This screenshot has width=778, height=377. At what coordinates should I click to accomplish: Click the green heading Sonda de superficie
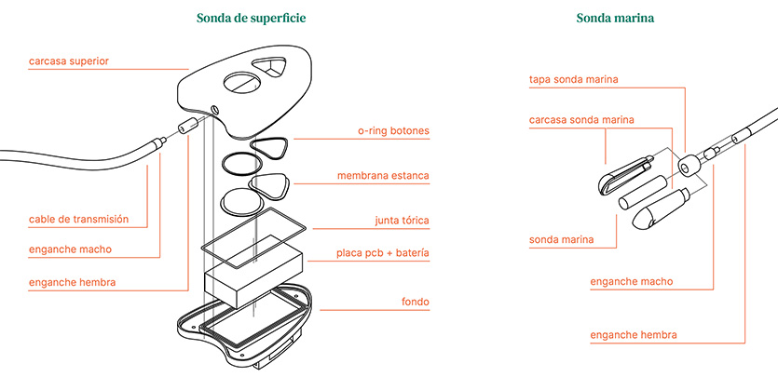[x=251, y=19]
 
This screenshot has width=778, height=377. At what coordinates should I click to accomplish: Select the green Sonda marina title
[x=615, y=19]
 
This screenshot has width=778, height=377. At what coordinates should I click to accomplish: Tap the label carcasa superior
[x=69, y=61]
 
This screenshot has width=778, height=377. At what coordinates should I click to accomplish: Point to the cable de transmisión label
[x=79, y=219]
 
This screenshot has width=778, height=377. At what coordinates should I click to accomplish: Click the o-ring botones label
[x=393, y=131]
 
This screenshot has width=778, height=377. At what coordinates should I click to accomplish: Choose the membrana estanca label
[x=383, y=176]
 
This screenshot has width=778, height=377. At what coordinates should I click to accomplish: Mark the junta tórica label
[x=402, y=221]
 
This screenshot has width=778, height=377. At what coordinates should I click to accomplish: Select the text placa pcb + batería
[x=383, y=253]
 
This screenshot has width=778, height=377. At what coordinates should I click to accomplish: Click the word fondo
[x=416, y=302]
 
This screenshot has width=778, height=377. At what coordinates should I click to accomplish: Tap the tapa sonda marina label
[x=574, y=80]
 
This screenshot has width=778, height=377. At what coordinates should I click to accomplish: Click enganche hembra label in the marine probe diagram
[x=634, y=335]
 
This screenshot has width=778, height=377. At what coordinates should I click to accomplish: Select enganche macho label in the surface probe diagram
[x=71, y=249]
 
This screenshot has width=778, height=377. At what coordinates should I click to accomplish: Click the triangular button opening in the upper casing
[x=269, y=67]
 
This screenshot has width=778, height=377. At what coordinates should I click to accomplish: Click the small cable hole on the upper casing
[x=214, y=109]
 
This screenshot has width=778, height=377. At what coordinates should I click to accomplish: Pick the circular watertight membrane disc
[x=240, y=201]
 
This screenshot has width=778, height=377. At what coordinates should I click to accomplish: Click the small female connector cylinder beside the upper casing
[x=186, y=126]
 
